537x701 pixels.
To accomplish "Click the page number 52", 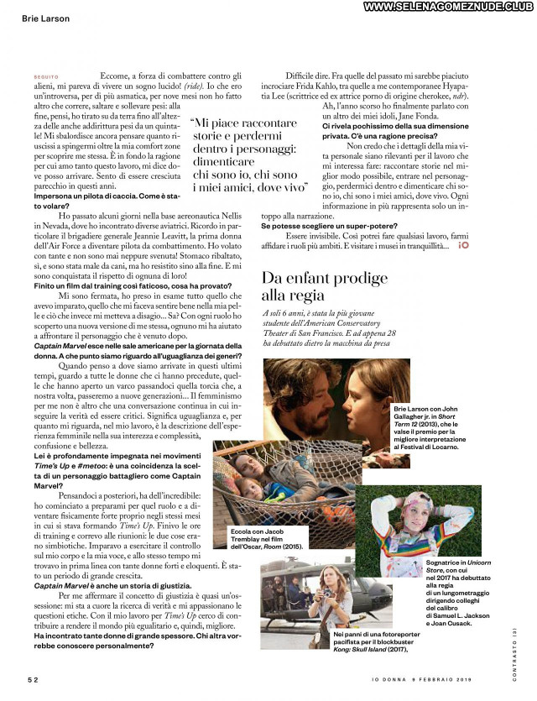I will pyautogui.click(x=31, y=678).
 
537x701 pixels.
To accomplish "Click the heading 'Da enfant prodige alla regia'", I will pyautogui.click(x=315, y=285).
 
